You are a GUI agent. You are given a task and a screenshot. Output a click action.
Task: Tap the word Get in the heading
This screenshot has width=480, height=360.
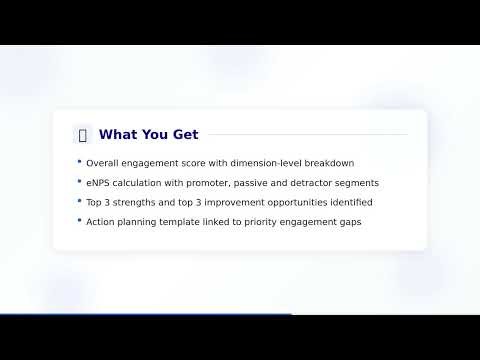[x=184, y=135]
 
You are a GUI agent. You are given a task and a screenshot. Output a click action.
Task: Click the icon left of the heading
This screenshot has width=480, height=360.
[x=82, y=135]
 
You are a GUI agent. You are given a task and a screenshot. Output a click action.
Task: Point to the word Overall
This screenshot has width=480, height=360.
[x=103, y=163]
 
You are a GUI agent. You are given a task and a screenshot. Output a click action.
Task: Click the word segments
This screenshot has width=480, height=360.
[x=359, y=183]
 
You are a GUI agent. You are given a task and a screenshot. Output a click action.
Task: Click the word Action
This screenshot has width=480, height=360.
[x=101, y=221]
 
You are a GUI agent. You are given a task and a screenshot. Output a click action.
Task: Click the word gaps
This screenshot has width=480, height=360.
[x=346, y=221]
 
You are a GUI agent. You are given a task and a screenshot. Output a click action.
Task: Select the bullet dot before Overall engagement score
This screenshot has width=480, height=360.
[x=79, y=162]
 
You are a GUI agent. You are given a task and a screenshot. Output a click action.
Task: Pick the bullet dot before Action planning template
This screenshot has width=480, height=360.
[x=79, y=220]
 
